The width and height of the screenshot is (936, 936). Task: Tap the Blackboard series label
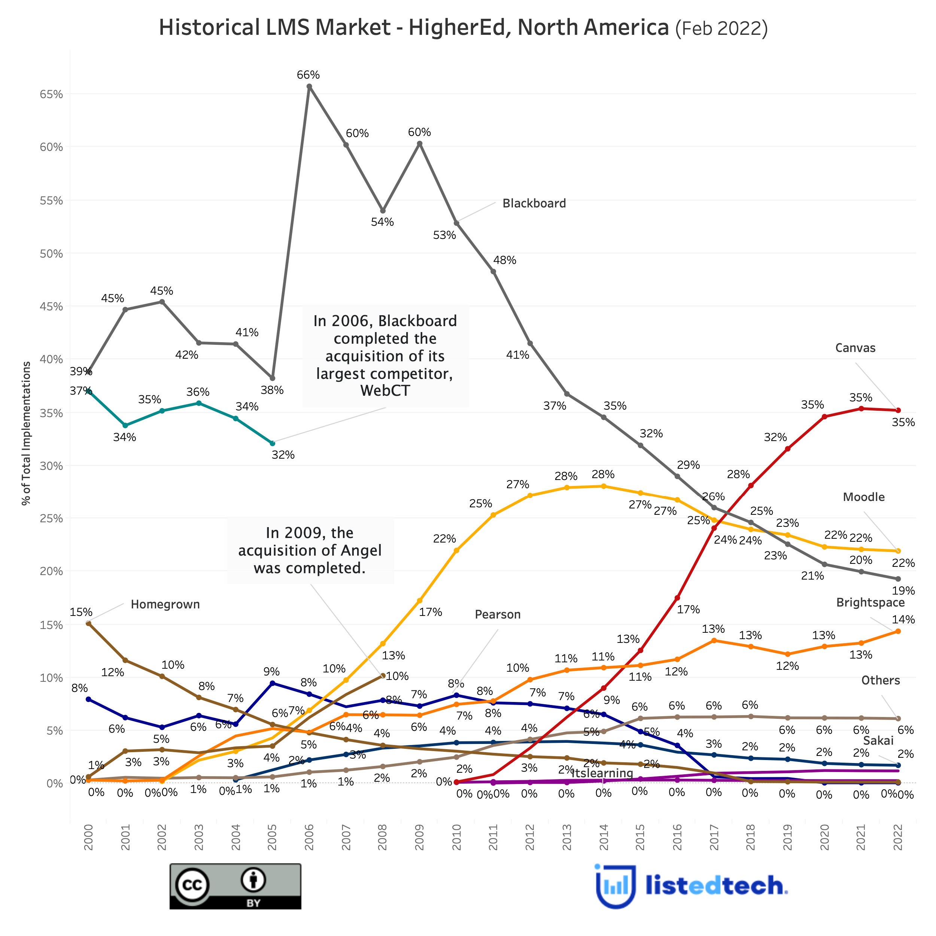tap(534, 203)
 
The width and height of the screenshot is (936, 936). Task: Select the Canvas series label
tap(855, 348)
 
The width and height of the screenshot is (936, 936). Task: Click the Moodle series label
tap(863, 497)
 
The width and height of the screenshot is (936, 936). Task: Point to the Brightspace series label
tap(870, 603)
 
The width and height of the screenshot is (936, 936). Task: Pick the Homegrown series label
tap(165, 605)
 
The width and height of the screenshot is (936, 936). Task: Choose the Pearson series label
tap(498, 615)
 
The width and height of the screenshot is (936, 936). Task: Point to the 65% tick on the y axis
tap(51, 94)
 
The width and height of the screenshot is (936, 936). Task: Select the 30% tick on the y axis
tap(51, 466)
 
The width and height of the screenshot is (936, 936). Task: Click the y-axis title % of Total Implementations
tap(27, 433)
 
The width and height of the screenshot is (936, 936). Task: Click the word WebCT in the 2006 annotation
tap(385, 390)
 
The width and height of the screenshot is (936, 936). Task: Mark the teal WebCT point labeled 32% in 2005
tap(272, 443)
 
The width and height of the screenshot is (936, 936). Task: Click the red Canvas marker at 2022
tap(898, 410)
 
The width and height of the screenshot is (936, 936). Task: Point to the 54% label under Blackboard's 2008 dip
tap(382, 222)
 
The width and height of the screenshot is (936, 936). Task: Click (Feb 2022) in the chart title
tap(721, 28)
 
